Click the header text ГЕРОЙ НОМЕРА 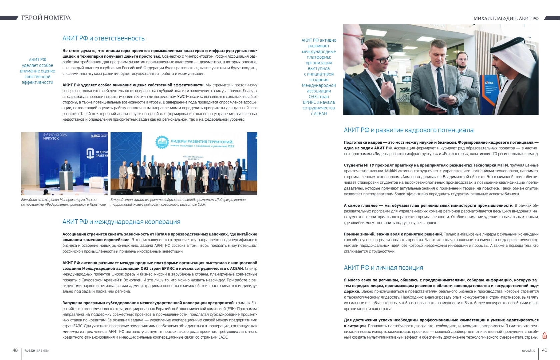pos(46,18)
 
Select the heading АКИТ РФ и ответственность pos(103,38)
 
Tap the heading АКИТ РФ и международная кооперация pos(121,222)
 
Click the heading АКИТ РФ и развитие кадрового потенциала pos(409,130)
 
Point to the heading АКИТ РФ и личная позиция pos(383,268)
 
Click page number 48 pos(15,350)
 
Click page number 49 pos(545,350)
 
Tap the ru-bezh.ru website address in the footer pos(528,351)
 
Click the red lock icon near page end pos(544,336)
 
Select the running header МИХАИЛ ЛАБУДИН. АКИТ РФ pos(506,18)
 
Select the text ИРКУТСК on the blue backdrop pos(51,139)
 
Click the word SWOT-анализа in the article pos(189,97)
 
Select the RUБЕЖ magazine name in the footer pos(30,351)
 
